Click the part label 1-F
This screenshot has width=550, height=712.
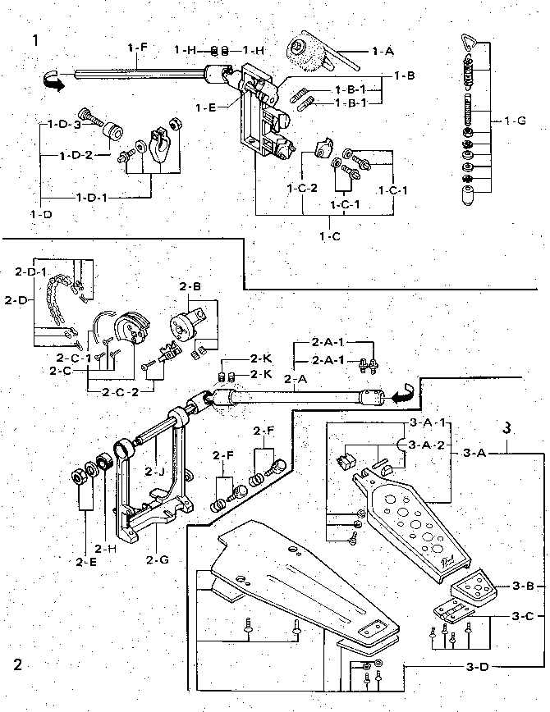(x=137, y=48)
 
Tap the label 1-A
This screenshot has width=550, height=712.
(x=383, y=51)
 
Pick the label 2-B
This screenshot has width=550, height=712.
(x=190, y=286)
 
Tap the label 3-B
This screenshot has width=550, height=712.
(x=524, y=586)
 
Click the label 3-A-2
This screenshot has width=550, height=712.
(x=429, y=445)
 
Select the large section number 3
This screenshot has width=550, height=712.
(x=507, y=428)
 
